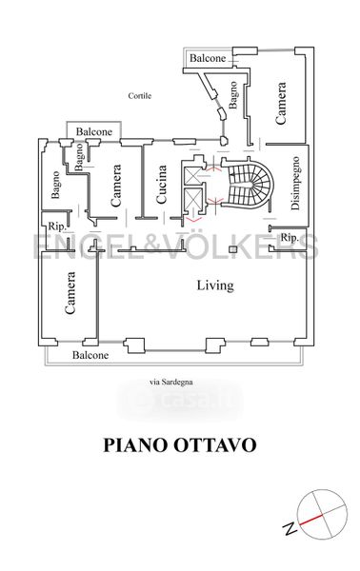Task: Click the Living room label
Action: click(x=215, y=285)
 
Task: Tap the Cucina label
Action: click(x=161, y=185)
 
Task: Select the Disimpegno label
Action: click(x=295, y=183)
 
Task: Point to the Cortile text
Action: click(x=140, y=96)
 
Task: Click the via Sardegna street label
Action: click(x=171, y=382)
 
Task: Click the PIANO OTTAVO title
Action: click(x=180, y=445)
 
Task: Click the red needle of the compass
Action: click(x=310, y=520)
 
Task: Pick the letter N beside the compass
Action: click(x=290, y=528)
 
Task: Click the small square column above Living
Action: click(x=232, y=249)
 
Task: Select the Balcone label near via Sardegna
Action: click(x=90, y=355)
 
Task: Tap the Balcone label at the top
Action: click(x=208, y=58)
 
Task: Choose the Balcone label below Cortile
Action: click(x=94, y=131)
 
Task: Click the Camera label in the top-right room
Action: click(x=281, y=104)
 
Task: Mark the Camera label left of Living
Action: click(x=70, y=293)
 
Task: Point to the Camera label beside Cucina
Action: click(x=115, y=186)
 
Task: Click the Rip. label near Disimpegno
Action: click(x=290, y=238)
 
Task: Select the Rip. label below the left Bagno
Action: click(x=57, y=226)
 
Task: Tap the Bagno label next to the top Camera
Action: click(x=232, y=94)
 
